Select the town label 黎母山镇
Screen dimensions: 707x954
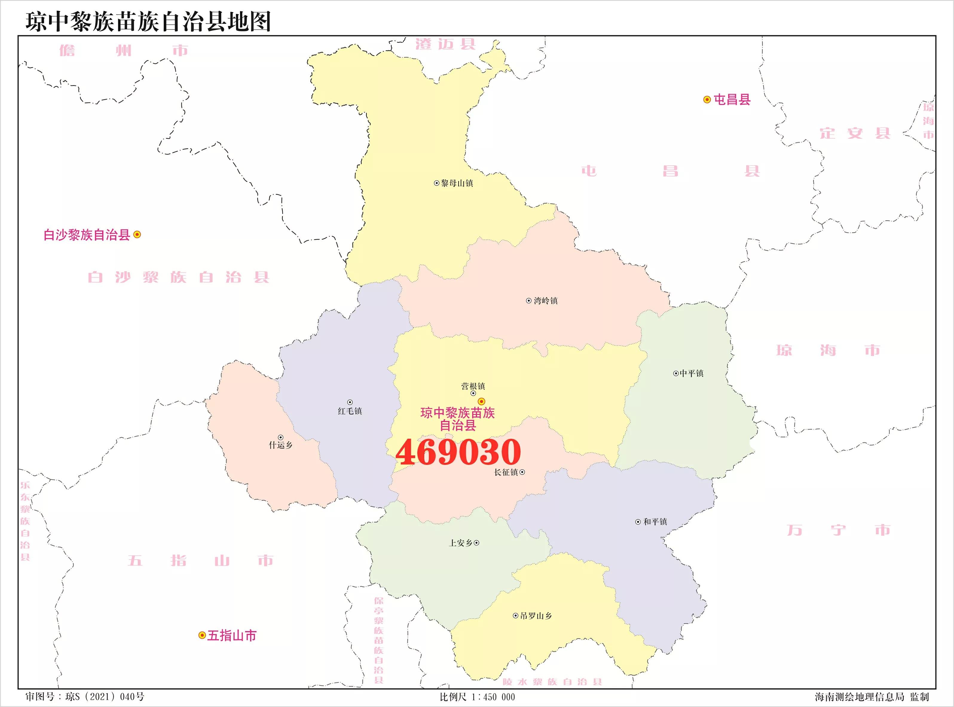tap(457, 183)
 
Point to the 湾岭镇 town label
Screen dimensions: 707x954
tap(545, 301)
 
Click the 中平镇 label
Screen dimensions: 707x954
tap(691, 373)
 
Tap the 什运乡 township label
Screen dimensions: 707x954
tap(281, 445)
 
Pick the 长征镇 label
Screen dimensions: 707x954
tap(506, 472)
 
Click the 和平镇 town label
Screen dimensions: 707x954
tap(655, 522)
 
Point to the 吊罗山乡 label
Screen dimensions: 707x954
tap(536, 616)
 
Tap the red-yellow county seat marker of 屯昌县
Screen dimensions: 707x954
tap(707, 100)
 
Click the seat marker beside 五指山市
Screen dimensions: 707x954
tap(202, 636)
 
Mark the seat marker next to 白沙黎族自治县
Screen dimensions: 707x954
tap(137, 235)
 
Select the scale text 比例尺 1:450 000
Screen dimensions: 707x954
tap(477, 697)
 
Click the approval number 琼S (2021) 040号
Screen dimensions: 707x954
tap(105, 697)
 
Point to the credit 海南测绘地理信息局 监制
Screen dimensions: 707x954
tap(872, 697)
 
